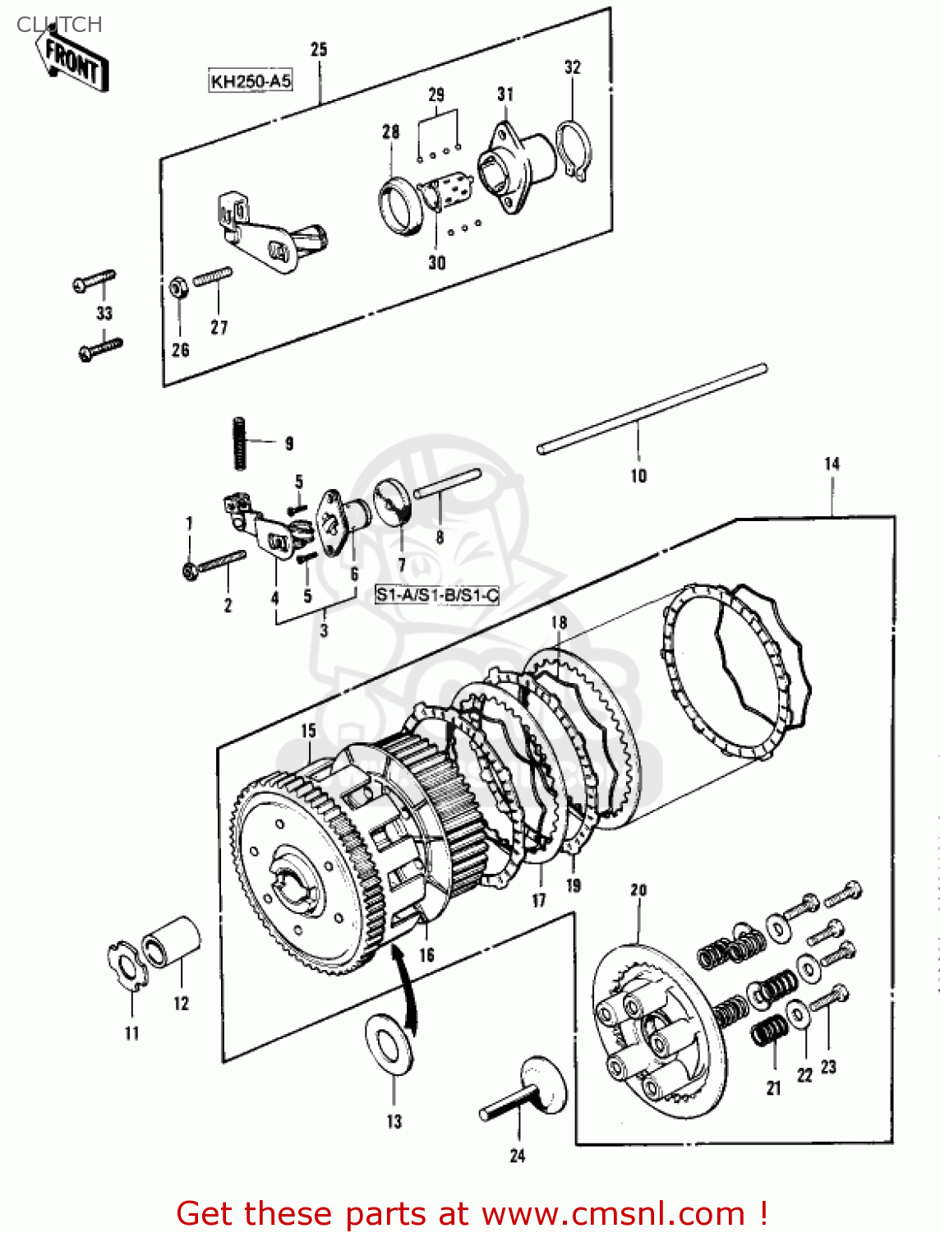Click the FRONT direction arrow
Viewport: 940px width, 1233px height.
pyautogui.click(x=71, y=62)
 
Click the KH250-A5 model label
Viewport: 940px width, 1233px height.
pyautogui.click(x=251, y=81)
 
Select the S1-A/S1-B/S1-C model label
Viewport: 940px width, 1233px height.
pyautogui.click(x=437, y=594)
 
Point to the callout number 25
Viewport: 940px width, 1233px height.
pyautogui.click(x=319, y=49)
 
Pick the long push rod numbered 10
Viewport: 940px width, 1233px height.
pyautogui.click(x=652, y=409)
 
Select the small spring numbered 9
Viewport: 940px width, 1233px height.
pyautogui.click(x=239, y=443)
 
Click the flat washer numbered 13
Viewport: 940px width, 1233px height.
pyautogui.click(x=389, y=1043)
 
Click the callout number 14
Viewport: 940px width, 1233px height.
pyautogui.click(x=832, y=464)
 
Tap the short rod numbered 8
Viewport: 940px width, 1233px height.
pyautogui.click(x=448, y=484)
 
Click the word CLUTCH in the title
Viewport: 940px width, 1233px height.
pyautogui.click(x=59, y=25)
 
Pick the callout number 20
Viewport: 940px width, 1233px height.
pyautogui.click(x=638, y=889)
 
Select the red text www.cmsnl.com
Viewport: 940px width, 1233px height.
pyautogui.click(x=612, y=1213)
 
